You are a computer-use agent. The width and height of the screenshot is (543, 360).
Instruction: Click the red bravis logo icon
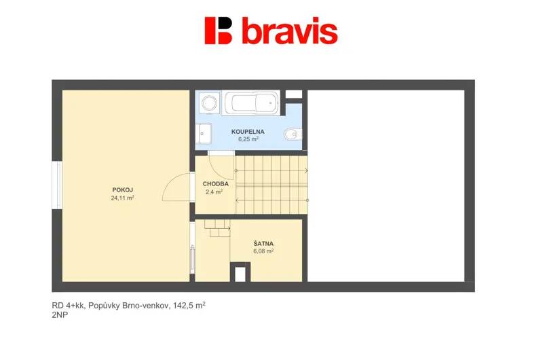click(218, 31)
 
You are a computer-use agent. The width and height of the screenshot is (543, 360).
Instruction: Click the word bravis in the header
click(290, 31)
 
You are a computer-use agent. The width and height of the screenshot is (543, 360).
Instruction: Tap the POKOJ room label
click(123, 190)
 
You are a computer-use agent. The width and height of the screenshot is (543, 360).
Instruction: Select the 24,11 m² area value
click(123, 198)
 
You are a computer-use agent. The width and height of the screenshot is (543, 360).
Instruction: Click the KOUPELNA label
click(248, 132)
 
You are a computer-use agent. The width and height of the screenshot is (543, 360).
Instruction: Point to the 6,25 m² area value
click(248, 139)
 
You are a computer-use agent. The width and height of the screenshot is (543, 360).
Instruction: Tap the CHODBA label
click(215, 184)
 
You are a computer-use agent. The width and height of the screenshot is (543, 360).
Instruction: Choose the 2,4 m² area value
click(214, 192)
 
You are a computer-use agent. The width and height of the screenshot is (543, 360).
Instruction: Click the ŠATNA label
click(263, 244)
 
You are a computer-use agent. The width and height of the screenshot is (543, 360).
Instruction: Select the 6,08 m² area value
click(263, 251)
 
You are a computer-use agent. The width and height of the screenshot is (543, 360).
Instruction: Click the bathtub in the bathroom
click(250, 103)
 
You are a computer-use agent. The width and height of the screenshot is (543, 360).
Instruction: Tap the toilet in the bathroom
click(293, 134)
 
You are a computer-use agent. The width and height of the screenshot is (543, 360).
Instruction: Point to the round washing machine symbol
click(210, 103)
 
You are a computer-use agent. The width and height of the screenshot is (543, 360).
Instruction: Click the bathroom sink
click(203, 133)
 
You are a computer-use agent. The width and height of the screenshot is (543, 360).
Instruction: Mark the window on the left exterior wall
click(57, 185)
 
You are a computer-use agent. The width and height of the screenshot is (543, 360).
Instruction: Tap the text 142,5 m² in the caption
click(189, 305)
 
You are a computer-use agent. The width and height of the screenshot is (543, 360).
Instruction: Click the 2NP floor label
click(60, 315)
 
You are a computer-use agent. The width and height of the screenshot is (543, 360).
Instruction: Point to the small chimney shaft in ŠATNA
click(240, 272)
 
